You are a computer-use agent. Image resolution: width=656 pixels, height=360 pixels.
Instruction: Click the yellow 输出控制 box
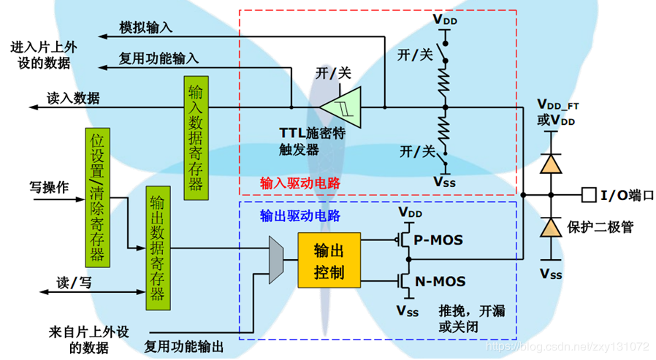point(329,261)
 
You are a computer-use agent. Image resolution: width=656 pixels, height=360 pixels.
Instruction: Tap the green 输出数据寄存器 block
point(156,248)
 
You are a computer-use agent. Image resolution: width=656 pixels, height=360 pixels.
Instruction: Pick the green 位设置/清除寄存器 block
point(97,198)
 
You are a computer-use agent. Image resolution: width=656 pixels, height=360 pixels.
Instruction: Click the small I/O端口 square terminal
point(588,195)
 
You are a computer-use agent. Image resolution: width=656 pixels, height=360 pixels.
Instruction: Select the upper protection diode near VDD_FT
point(553,164)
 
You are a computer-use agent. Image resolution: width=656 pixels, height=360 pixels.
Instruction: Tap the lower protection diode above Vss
point(553,227)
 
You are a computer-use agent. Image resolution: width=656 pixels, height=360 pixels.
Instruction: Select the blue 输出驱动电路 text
point(295,216)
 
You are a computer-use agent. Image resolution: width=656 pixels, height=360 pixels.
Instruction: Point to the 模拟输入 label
point(146,28)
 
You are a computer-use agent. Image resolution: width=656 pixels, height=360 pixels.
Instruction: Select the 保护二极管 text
point(600,227)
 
